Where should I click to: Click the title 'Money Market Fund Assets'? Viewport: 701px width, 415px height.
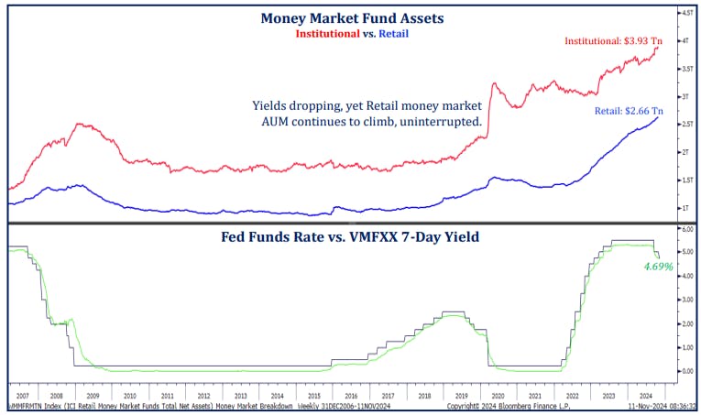point(351,17)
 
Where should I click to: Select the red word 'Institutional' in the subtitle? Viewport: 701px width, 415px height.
point(326,33)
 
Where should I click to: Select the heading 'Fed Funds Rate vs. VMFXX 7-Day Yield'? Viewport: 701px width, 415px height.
point(350,236)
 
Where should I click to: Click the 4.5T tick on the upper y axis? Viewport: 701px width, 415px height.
point(685,13)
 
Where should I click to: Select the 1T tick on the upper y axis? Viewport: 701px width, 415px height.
point(684,208)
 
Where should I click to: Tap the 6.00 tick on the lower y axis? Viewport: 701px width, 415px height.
point(685,229)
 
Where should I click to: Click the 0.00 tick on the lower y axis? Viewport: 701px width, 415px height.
point(685,371)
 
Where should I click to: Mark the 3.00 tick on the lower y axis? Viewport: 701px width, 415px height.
point(685,300)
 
